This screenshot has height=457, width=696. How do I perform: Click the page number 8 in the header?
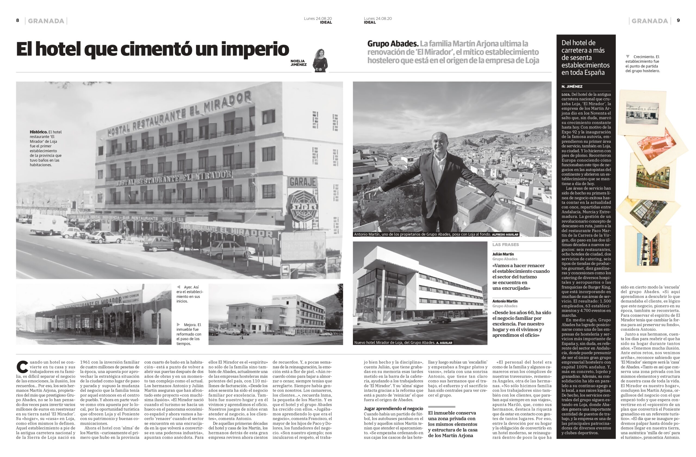pos(18,20)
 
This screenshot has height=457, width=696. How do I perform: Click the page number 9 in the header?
pos(678,20)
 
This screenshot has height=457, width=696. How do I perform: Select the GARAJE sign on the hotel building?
pos(303,182)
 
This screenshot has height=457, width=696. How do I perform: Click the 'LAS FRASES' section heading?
pos(505,245)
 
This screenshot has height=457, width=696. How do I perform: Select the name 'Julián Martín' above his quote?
pos(503,254)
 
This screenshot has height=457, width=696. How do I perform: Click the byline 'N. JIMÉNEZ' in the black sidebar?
pos(572,87)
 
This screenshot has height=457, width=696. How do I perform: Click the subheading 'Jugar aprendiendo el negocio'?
pos(393,408)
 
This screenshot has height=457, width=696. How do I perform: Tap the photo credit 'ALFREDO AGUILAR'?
pos(505,235)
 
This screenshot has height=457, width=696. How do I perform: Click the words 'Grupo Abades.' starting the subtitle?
pos(393,44)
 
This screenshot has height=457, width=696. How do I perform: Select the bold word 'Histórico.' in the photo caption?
pos(38,132)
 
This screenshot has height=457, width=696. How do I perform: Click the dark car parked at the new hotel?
pos(440,320)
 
